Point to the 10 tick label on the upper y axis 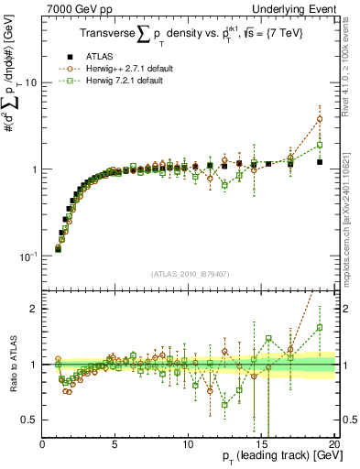coord(32,82)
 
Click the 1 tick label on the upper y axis coord(35,169)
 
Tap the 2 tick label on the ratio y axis coord(35,309)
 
